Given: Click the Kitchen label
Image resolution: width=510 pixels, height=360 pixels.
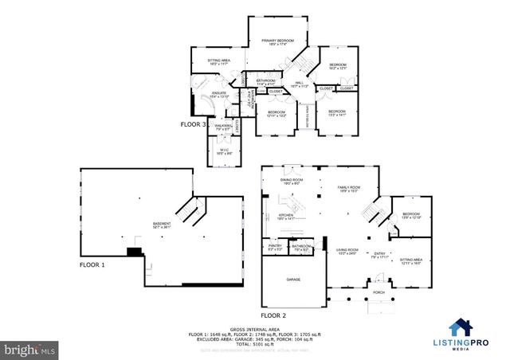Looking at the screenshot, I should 286,217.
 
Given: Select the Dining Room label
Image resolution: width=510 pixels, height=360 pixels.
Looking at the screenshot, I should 291,182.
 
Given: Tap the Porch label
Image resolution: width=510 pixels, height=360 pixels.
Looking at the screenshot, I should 379,292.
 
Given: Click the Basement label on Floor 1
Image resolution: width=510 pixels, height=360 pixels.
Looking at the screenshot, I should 162,226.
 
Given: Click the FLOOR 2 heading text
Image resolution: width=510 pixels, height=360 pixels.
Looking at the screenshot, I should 273,303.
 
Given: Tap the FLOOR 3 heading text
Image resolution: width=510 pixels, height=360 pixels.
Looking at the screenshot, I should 194,125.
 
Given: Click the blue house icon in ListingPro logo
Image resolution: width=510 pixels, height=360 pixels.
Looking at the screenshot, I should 461,327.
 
